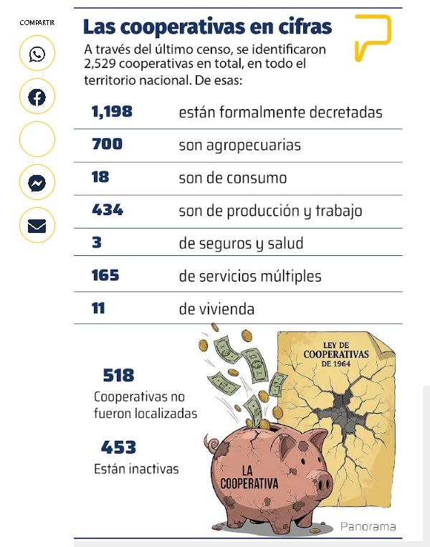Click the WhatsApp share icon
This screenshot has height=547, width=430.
(x=37, y=54)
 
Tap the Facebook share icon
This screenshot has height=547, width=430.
(x=37, y=97)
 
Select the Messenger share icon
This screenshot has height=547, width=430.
(x=37, y=184)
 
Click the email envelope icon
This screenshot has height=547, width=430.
(x=37, y=227)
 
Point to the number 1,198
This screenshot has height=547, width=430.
(x=112, y=112)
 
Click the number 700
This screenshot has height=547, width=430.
(x=107, y=145)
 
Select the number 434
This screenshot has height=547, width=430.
(x=107, y=210)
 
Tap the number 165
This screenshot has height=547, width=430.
(x=105, y=275)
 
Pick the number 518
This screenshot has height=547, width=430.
(x=118, y=375)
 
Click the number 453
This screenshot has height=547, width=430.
(x=118, y=447)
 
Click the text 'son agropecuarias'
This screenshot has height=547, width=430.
(x=239, y=146)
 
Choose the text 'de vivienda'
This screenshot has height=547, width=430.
(x=216, y=309)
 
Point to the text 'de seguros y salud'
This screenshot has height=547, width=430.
(x=241, y=243)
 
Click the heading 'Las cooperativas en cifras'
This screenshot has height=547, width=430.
(x=207, y=27)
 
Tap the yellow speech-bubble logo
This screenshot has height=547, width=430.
(x=373, y=37)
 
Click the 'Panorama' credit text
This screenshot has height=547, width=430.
(x=368, y=526)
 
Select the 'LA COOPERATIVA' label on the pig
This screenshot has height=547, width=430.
(x=249, y=477)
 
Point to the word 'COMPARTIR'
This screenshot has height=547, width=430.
(x=37, y=23)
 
